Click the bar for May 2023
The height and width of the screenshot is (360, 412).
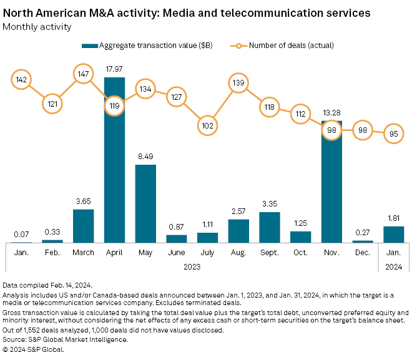point(145,203)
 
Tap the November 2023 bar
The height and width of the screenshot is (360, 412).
point(331,181)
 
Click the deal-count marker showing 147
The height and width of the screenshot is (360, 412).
point(83,73)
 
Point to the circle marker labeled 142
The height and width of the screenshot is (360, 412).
point(21,79)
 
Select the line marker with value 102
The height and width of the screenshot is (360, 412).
point(207,125)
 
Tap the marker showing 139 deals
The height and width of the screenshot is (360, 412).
point(238,83)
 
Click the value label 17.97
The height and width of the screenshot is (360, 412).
point(114,69)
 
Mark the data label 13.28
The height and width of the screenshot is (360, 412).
point(331,112)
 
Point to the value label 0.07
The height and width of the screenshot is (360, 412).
point(21,233)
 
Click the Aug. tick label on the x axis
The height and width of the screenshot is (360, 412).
point(238,253)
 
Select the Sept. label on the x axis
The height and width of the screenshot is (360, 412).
point(269,253)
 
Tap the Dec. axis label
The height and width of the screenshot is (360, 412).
point(362,253)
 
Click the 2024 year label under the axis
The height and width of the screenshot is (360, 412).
point(393,266)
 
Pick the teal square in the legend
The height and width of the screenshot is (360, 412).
point(91,46)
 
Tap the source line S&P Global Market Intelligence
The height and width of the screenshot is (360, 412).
point(66,340)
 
